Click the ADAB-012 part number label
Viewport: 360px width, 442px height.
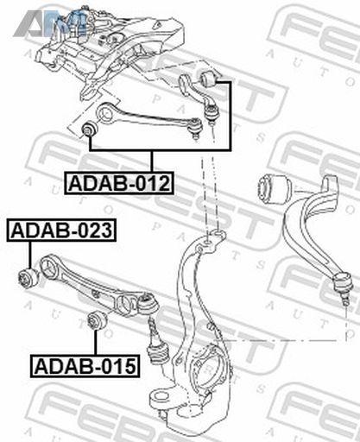pyautogui.click(x=119, y=183)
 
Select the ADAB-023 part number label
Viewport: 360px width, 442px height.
pyautogui.click(x=61, y=230)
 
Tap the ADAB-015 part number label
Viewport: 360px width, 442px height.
pyautogui.click(x=85, y=366)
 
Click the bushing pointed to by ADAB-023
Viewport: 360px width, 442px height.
pyautogui.click(x=28, y=278)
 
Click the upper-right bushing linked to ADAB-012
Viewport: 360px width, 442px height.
pyautogui.click(x=211, y=79)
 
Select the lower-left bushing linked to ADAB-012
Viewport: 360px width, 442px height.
pyautogui.click(x=89, y=129)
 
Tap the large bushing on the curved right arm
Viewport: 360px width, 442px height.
pyautogui.click(x=275, y=188)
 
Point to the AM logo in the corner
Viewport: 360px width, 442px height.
pyautogui.click(x=50, y=23)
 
